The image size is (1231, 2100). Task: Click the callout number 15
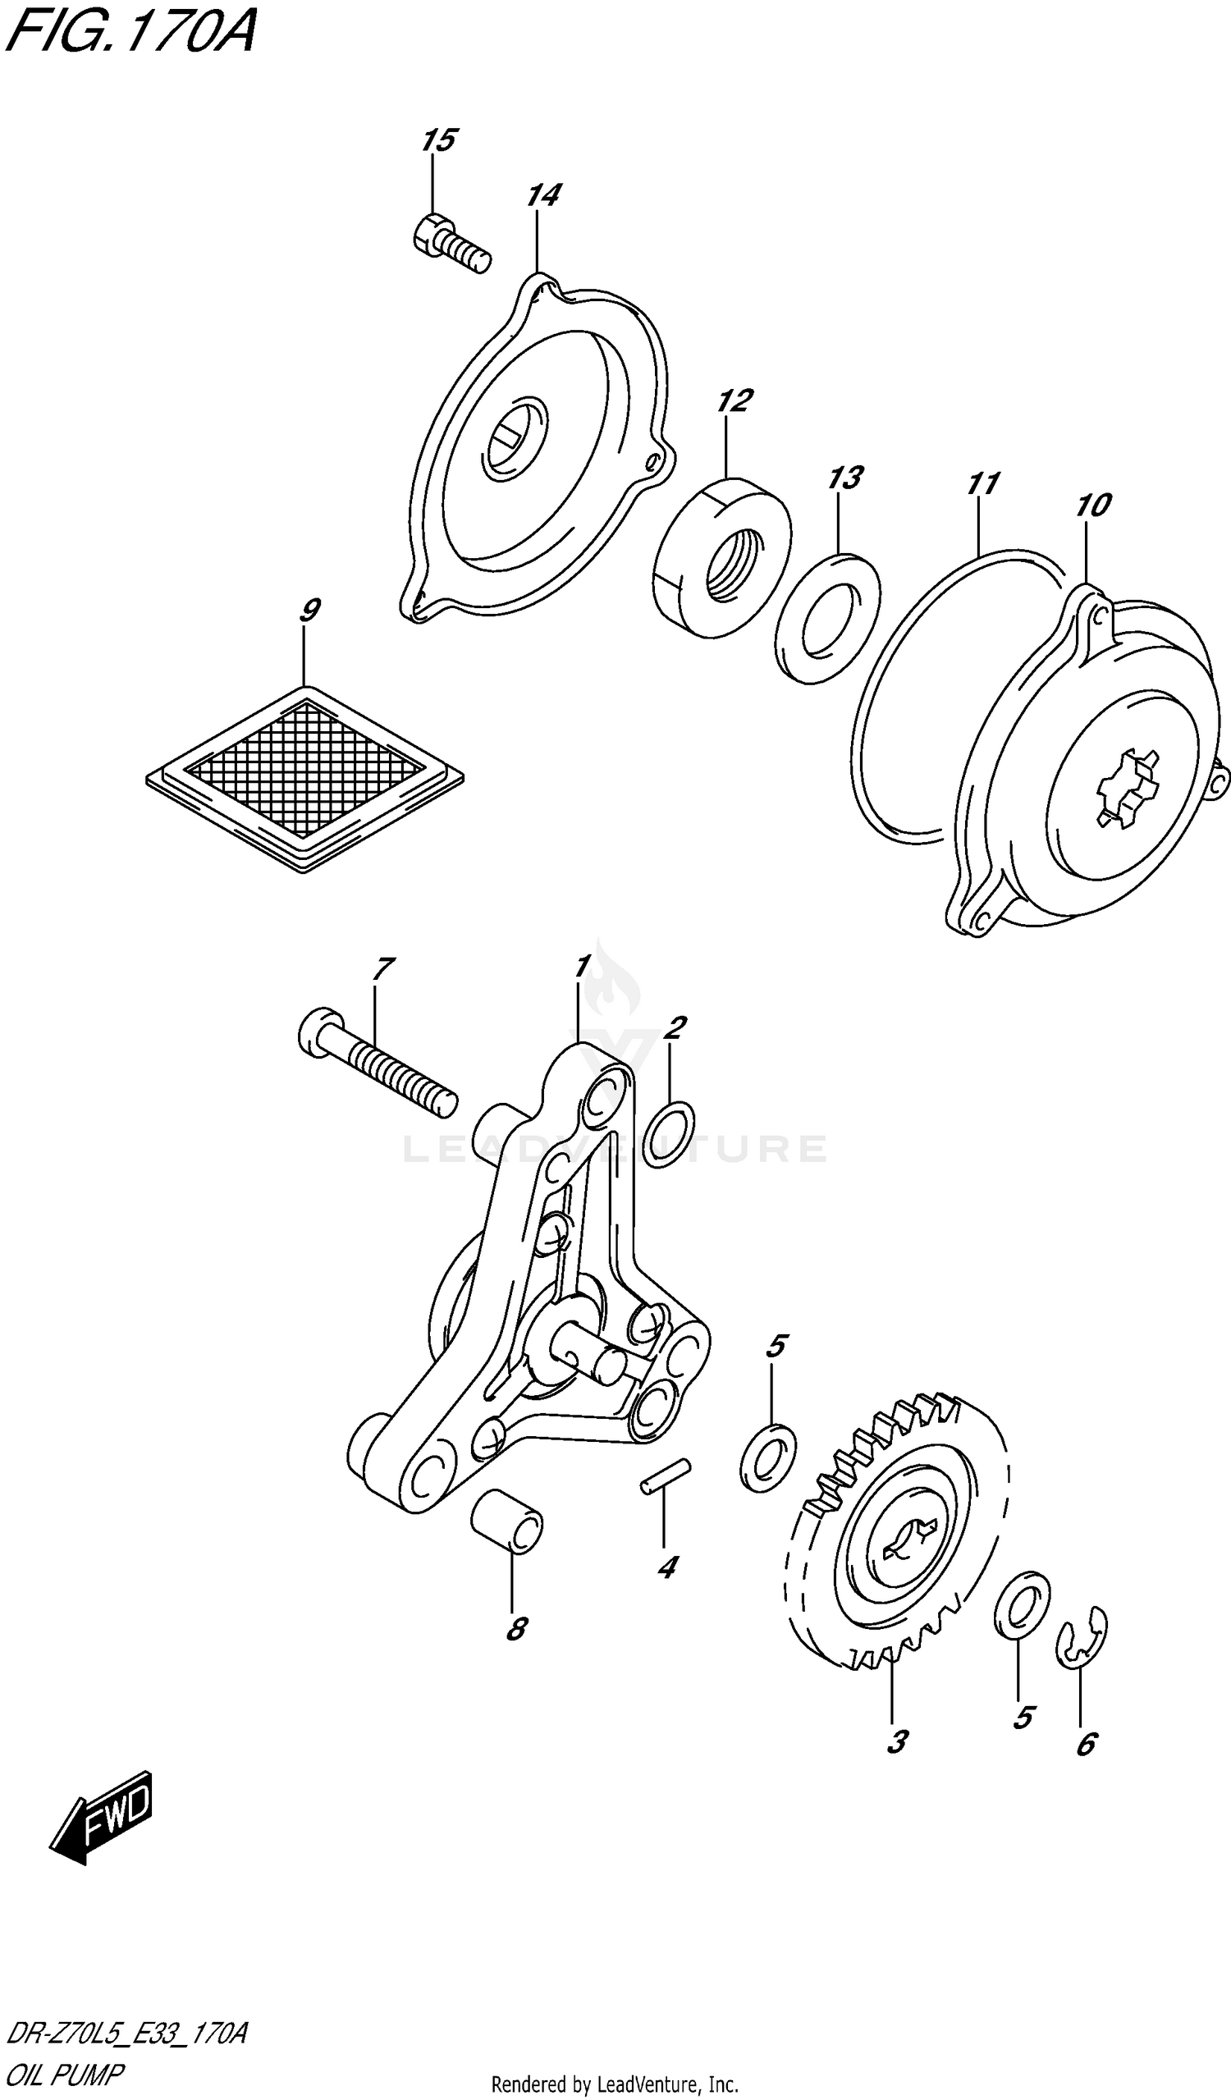point(438,140)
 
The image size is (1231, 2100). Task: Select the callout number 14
point(542,195)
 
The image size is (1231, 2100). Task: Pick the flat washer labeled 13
point(826,618)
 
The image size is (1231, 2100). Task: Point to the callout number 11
point(982,483)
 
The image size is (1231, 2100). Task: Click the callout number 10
point(1093,505)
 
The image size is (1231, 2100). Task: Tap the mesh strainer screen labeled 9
point(304,779)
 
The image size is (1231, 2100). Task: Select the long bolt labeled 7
point(377,1068)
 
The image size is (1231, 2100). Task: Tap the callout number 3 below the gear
point(897,1741)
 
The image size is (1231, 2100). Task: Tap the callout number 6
point(1086,1743)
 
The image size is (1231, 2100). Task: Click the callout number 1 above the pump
point(582,968)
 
